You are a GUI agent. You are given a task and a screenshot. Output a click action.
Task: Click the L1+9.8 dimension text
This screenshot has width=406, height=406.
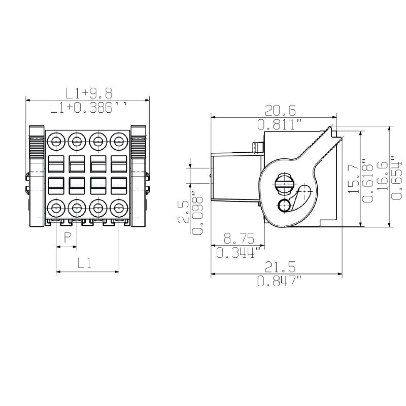[89, 93]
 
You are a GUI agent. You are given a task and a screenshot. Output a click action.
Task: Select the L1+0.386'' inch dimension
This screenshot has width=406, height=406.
[89, 107]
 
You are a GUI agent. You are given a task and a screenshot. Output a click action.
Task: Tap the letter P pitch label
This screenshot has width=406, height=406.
[66, 237]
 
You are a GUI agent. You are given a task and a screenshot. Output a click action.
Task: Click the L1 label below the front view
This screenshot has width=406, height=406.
[85, 263]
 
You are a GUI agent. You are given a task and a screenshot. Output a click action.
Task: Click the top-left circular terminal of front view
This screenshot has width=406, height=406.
[56, 141]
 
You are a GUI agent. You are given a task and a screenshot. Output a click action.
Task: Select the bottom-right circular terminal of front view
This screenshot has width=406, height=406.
[118, 208]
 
